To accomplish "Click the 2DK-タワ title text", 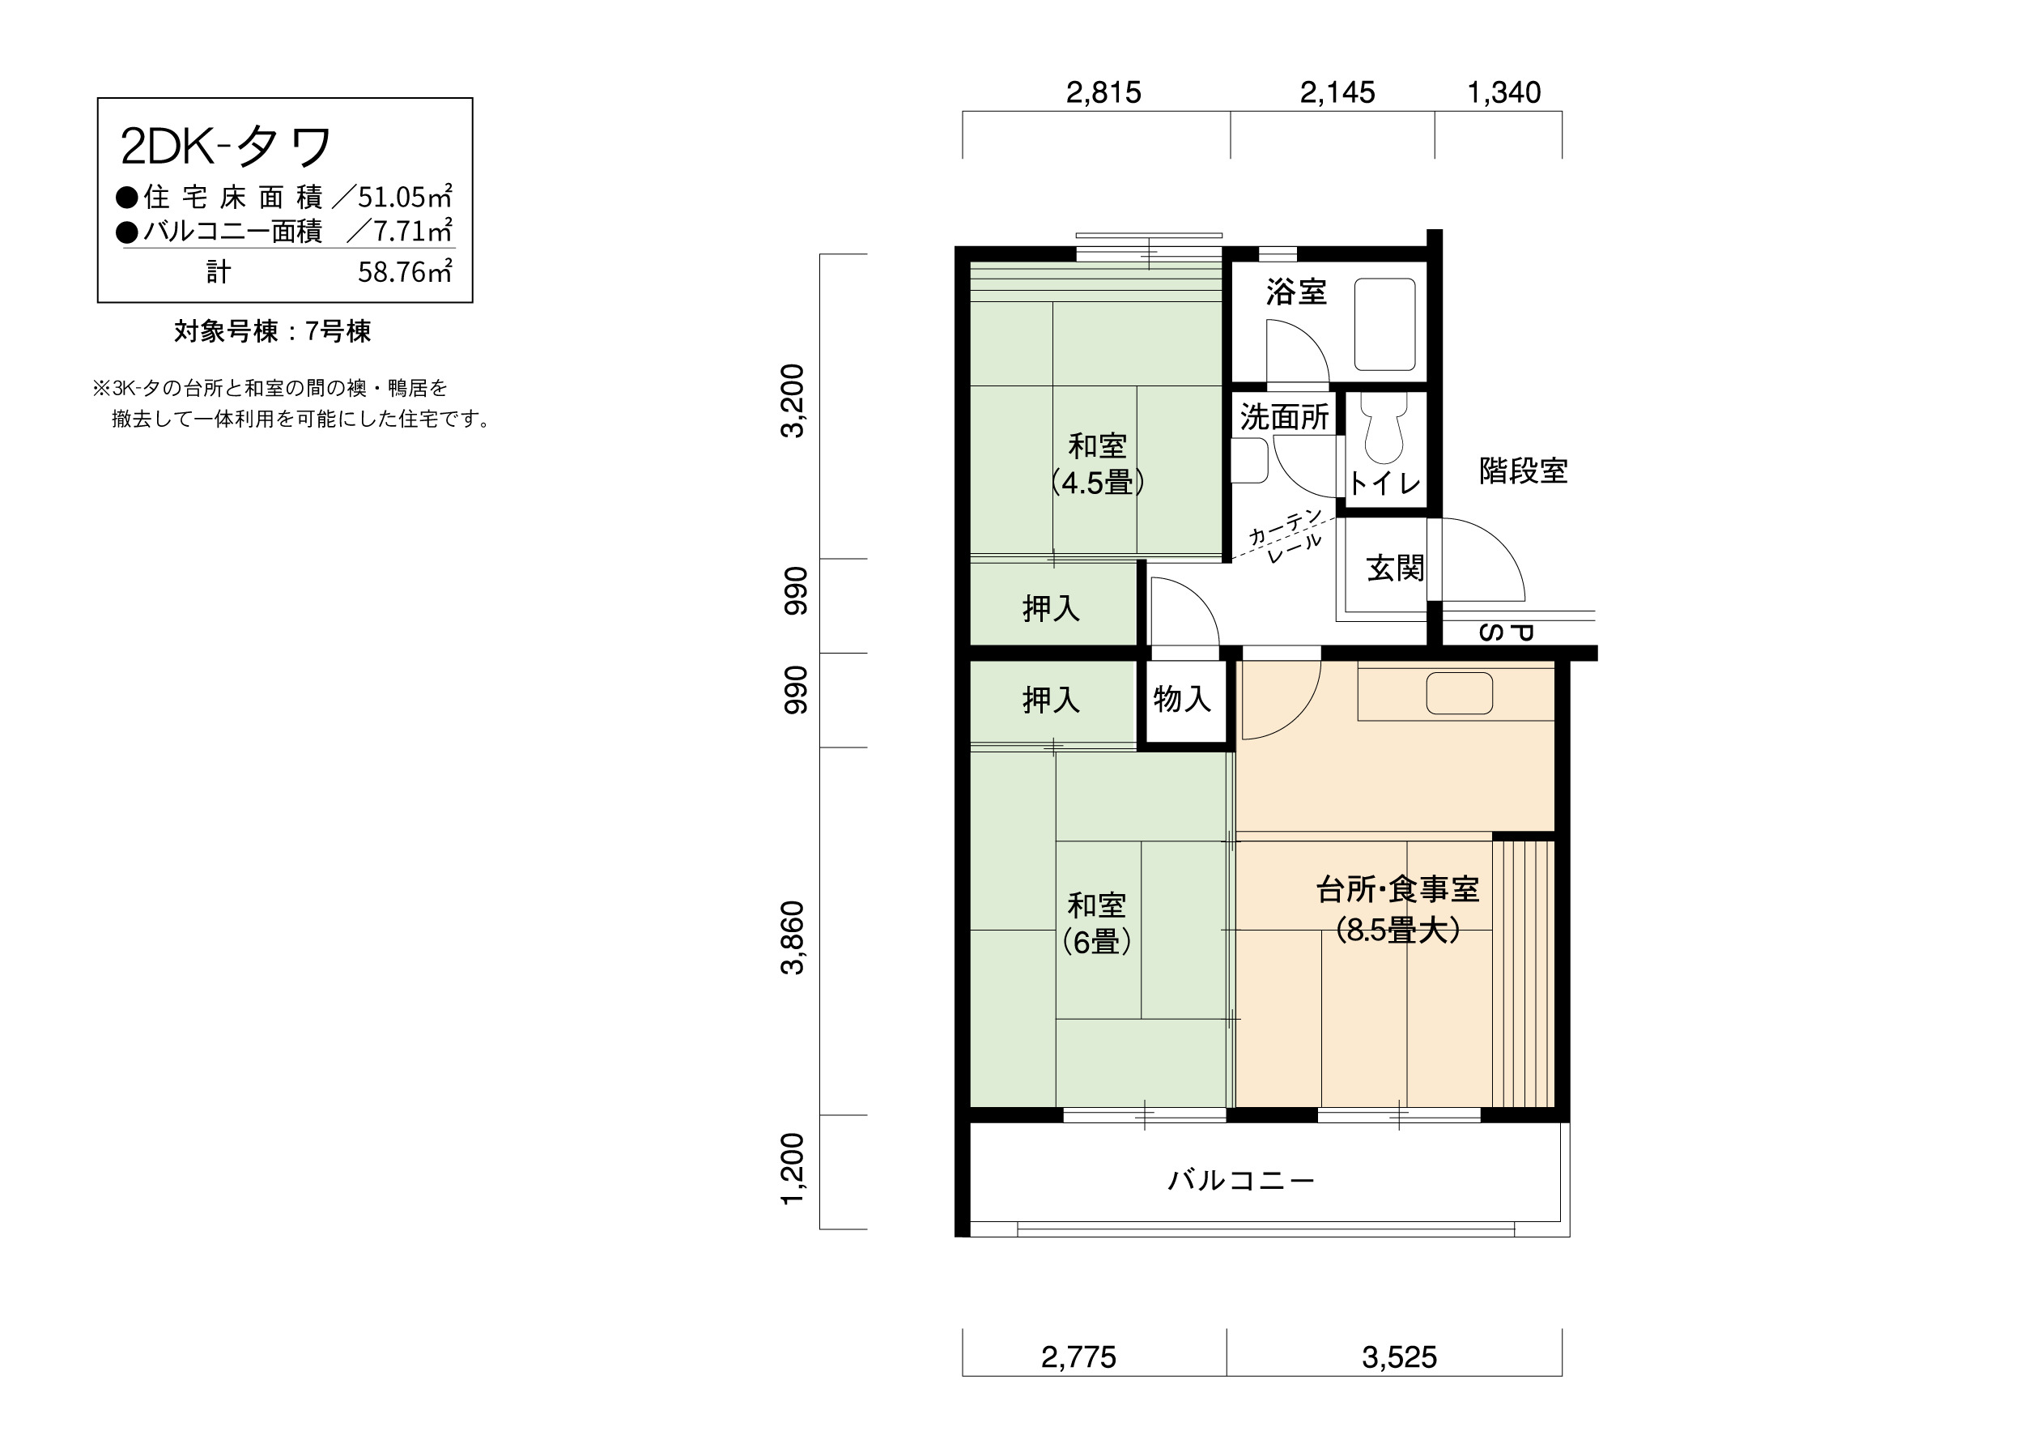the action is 226,146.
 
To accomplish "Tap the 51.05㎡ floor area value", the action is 405,196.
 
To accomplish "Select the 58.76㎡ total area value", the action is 405,271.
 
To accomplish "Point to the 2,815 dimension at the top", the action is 1103,92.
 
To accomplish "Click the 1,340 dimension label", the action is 1504,92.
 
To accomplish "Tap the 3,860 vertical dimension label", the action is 793,938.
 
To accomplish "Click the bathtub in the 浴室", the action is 1385,325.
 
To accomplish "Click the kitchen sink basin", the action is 1460,693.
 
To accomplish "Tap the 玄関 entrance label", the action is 1396,569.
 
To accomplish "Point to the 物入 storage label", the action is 1182,699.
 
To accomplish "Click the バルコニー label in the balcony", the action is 1241,1180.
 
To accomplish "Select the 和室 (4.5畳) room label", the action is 1098,464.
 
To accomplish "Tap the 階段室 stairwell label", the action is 1524,471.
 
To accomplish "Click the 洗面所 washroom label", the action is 1284,417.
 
